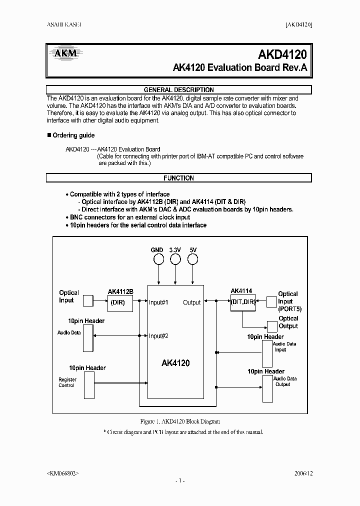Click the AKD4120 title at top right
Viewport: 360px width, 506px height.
[285, 52]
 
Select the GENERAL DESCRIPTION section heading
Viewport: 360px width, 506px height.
[178, 90]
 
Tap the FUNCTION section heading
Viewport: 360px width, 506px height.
[178, 178]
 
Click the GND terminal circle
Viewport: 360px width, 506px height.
[158, 259]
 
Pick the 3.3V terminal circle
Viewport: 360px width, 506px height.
[175, 259]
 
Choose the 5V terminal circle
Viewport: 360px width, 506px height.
[192, 259]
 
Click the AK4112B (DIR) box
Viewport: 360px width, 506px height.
[118, 302]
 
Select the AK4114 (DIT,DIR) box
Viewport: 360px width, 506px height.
[242, 301]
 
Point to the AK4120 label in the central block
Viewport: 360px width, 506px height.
[175, 363]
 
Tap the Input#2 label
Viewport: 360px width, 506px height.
[158, 336]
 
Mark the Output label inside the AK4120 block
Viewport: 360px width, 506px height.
[191, 302]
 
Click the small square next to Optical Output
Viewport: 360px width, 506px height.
[271, 326]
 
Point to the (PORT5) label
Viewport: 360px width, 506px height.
[290, 309]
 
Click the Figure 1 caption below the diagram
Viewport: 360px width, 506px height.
[180, 421]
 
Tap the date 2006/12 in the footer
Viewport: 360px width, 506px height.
[302, 472]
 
